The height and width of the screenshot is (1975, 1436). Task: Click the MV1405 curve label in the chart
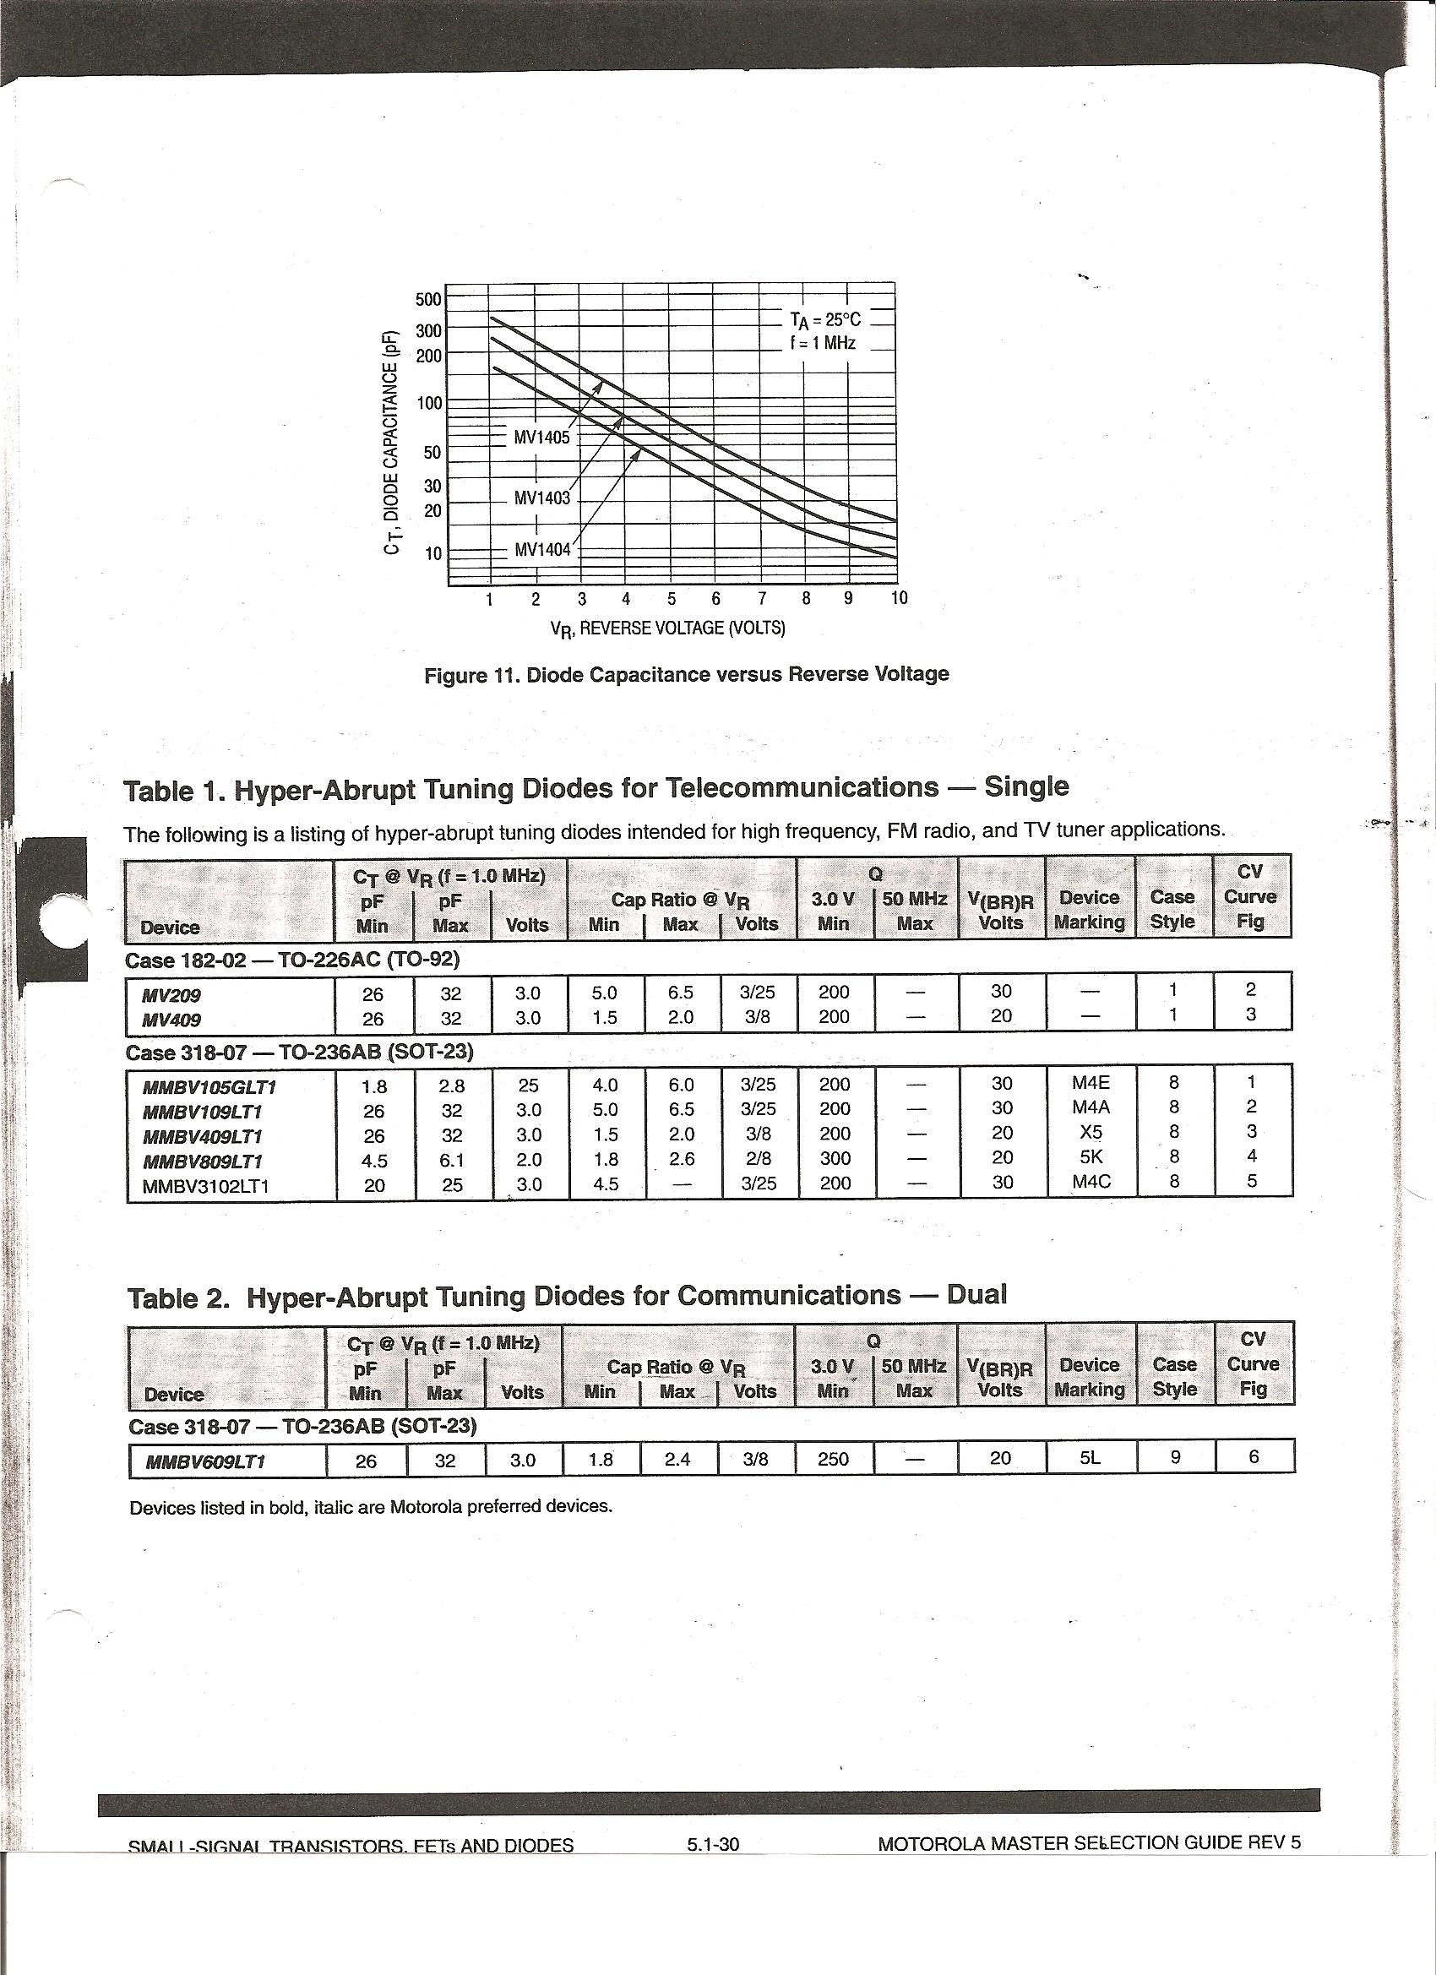[x=541, y=437]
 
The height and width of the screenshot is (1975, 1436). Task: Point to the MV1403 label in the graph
[x=541, y=498]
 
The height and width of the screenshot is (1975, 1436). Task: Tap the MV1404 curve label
[x=541, y=549]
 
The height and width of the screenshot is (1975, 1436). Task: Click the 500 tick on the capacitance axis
[x=428, y=300]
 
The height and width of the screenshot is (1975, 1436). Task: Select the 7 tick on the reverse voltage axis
[x=762, y=598]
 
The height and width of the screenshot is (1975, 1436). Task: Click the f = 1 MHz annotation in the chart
[x=823, y=343]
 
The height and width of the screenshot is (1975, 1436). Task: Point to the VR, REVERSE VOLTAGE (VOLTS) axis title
[x=667, y=628]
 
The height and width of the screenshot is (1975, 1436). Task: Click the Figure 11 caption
[x=686, y=675]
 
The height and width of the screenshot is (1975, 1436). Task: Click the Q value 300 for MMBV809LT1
[x=835, y=1158]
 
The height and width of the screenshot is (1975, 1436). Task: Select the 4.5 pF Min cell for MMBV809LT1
[x=374, y=1161]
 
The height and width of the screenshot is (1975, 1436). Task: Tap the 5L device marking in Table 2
[x=1090, y=1458]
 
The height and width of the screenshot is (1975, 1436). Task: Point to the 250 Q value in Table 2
[x=833, y=1459]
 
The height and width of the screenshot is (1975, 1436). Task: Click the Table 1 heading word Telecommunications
[x=801, y=788]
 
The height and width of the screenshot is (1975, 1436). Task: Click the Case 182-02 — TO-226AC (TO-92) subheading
[x=292, y=960]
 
